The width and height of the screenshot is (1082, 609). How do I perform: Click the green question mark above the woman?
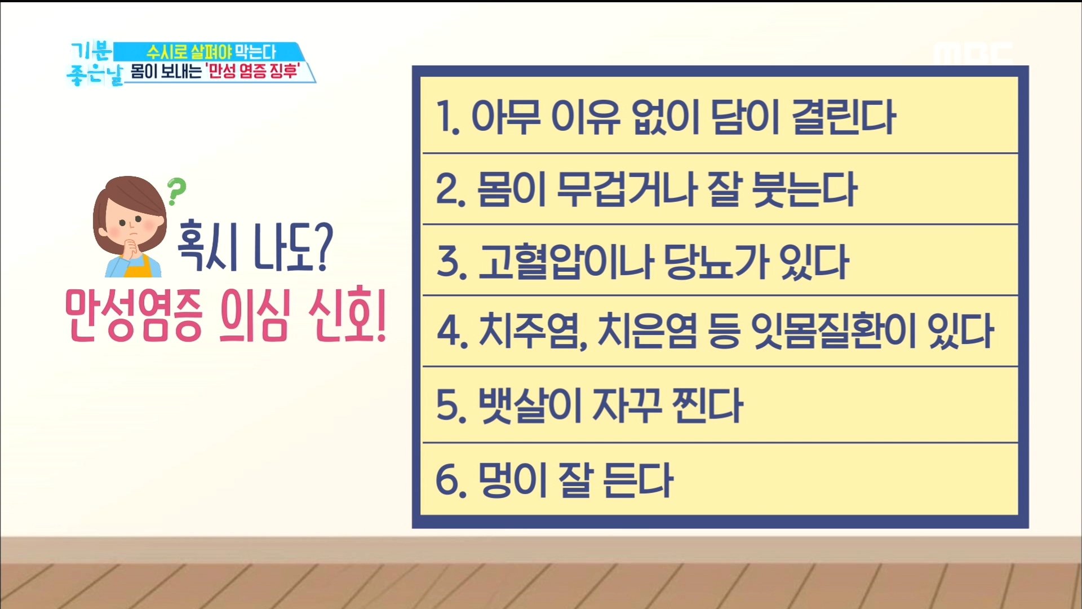point(176,192)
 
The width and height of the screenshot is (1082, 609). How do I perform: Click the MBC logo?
point(973,54)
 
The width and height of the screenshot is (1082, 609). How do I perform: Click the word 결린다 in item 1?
point(844,117)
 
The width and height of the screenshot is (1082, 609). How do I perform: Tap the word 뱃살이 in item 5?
point(530,405)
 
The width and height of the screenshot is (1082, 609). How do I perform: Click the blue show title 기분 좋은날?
point(93,64)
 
